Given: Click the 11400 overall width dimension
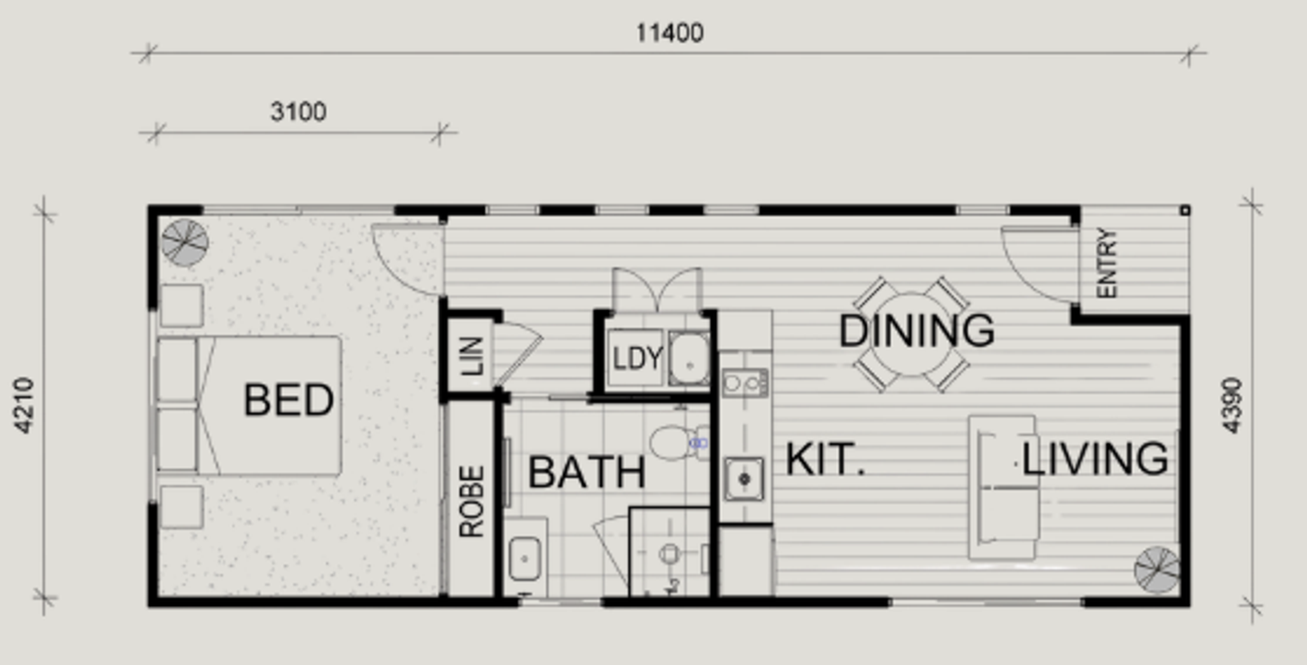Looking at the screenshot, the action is [x=670, y=33].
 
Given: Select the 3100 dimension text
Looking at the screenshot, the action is [x=298, y=112].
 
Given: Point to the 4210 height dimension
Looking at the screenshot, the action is [x=25, y=406].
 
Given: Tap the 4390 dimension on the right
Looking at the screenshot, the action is [x=1232, y=406].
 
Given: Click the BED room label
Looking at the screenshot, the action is [x=289, y=400].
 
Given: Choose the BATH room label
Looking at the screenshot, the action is [x=586, y=472].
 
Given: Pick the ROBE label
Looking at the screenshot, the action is [x=471, y=502].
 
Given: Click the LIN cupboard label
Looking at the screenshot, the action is [x=471, y=356].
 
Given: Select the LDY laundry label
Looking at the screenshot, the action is [x=638, y=358].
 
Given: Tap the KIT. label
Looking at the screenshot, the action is [x=825, y=460].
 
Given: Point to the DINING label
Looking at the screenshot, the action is [x=916, y=331].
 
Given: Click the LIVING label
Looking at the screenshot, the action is [x=1095, y=459].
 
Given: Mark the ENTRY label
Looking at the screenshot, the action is [x=1107, y=263].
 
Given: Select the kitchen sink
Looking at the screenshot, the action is [x=744, y=479].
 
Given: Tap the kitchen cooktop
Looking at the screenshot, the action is [x=744, y=383].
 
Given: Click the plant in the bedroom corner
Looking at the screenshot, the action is [x=185, y=242].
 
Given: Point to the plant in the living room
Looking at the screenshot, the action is [x=1157, y=570].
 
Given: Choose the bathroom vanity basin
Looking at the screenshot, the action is [x=525, y=558].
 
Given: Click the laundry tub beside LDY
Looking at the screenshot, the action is [x=689, y=358].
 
